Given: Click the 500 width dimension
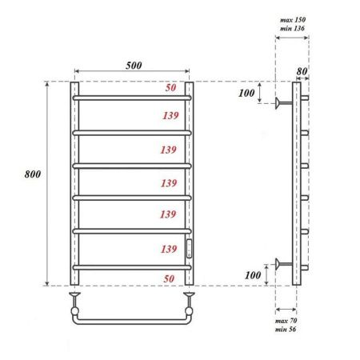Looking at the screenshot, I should click(134, 66).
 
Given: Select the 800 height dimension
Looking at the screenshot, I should click(33, 174).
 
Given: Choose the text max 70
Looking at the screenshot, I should click(286, 320).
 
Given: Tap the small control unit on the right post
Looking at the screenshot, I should click(190, 248).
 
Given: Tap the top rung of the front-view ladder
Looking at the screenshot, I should click(133, 98).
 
